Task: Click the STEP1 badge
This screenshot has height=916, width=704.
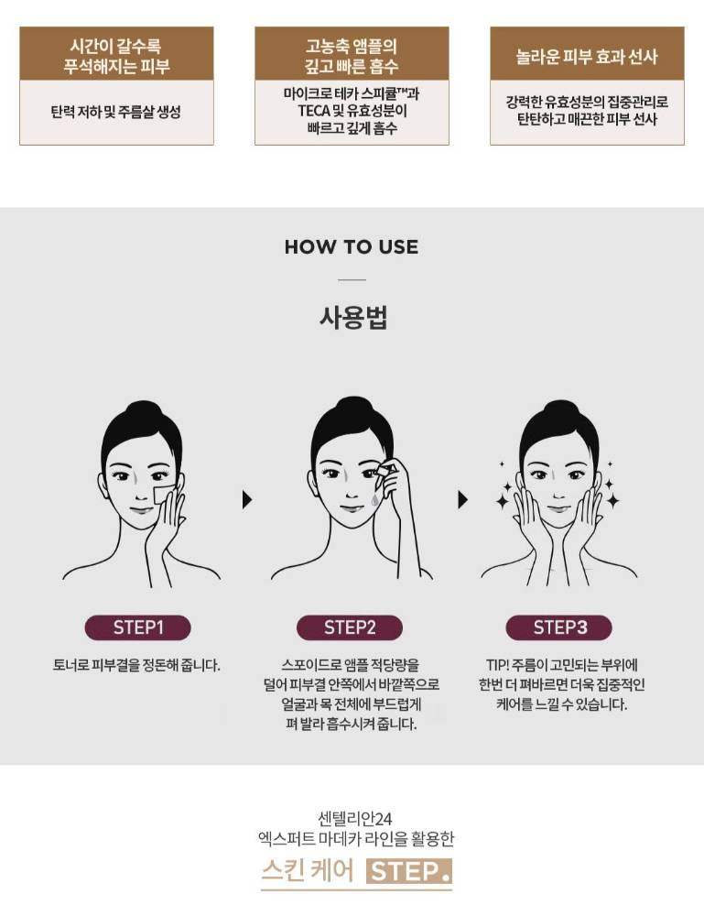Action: coord(137,627)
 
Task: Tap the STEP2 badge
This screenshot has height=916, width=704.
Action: coord(350,627)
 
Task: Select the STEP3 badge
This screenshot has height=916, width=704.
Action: coord(558,627)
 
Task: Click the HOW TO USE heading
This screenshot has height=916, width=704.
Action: coord(352,246)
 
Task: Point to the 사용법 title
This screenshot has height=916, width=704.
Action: coord(353,317)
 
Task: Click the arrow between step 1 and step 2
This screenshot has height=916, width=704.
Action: coord(247,499)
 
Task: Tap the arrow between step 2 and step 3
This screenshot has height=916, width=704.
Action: coord(463,499)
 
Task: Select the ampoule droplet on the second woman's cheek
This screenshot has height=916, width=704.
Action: coord(374,500)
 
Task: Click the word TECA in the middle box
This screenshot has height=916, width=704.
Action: coord(314,111)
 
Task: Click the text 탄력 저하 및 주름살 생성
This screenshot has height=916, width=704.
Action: coord(115,112)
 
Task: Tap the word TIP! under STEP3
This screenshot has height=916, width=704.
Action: coord(498,665)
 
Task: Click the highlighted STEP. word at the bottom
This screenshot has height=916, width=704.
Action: coord(409,872)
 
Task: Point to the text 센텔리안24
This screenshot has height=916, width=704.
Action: coord(355,818)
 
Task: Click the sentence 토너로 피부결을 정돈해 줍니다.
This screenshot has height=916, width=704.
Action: coord(136,665)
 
